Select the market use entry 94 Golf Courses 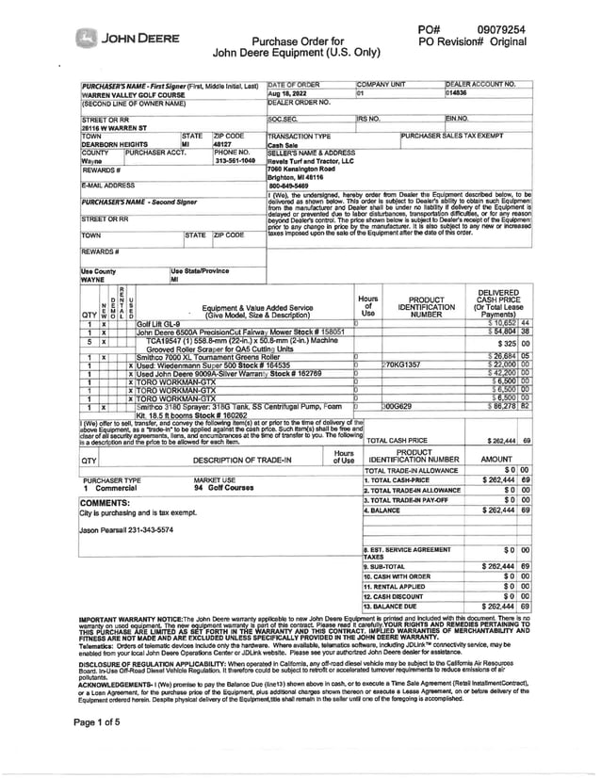[224, 488]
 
